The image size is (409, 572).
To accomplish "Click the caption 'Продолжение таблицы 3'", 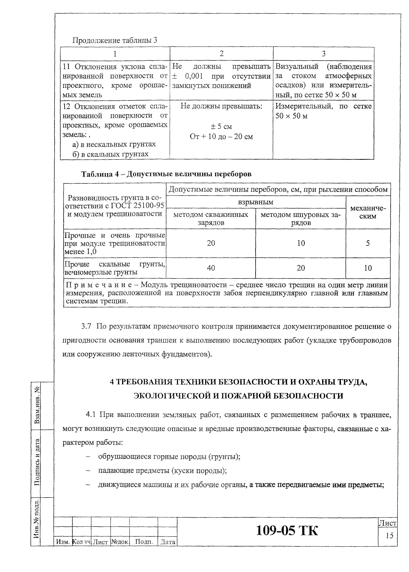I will coord(115,40).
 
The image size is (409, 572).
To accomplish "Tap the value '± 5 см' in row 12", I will coord(221,126).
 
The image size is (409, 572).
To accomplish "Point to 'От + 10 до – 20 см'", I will coord(221,137).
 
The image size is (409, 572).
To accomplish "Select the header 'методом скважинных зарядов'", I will coord(211,218).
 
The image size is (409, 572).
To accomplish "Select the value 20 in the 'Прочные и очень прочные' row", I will coord(211,243).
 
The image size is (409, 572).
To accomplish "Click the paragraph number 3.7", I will coord(86,326).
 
